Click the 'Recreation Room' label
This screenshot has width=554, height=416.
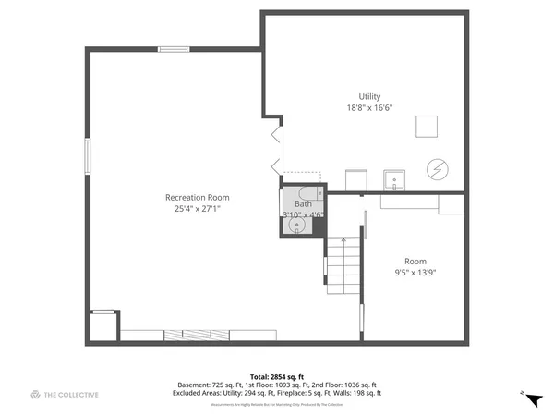[x=197, y=197]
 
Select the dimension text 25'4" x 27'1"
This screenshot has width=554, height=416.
[x=197, y=209]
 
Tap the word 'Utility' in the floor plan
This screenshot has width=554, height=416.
[x=369, y=96]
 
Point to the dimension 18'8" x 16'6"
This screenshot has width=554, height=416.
[x=369, y=108]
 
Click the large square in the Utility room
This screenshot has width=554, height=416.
[x=426, y=126]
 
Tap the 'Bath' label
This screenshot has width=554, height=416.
[x=303, y=203]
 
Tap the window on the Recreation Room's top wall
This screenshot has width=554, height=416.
[x=174, y=49]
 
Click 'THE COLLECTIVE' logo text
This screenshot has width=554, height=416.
[x=71, y=395]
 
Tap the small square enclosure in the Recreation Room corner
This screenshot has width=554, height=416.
[x=103, y=326]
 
